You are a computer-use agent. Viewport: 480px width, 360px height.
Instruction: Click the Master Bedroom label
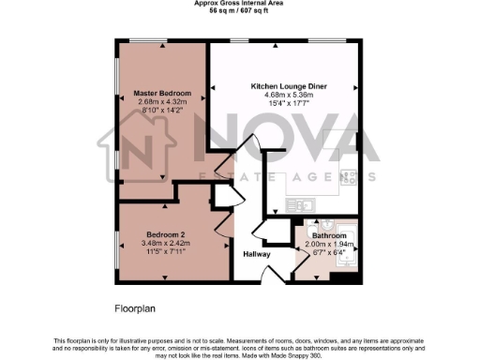point(162,94)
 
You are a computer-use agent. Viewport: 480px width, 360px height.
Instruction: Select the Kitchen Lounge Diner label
point(286,85)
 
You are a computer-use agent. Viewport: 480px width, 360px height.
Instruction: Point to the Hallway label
point(257,254)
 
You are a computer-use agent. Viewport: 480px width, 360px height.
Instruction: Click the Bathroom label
point(329,235)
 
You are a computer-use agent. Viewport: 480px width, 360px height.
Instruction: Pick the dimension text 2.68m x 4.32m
point(162,101)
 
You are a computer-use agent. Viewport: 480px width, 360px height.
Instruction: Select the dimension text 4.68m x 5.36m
point(286,94)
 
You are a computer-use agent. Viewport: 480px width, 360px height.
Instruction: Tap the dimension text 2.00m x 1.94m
point(329,244)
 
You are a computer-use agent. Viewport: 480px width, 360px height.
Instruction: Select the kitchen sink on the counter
point(307,202)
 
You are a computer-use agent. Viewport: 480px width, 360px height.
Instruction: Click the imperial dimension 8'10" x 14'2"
point(162,110)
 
